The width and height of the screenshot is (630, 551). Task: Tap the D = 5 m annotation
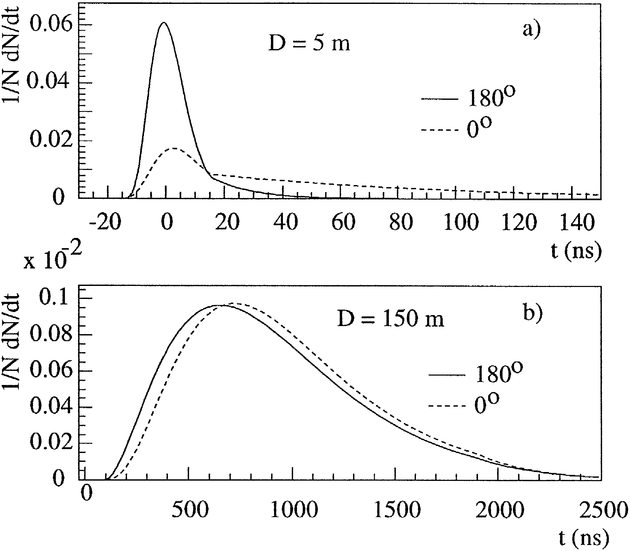(309, 44)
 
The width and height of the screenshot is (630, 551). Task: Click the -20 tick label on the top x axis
(105, 222)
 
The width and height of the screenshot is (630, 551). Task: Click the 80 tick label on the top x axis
(401, 222)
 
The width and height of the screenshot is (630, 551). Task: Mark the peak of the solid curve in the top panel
(164, 22)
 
